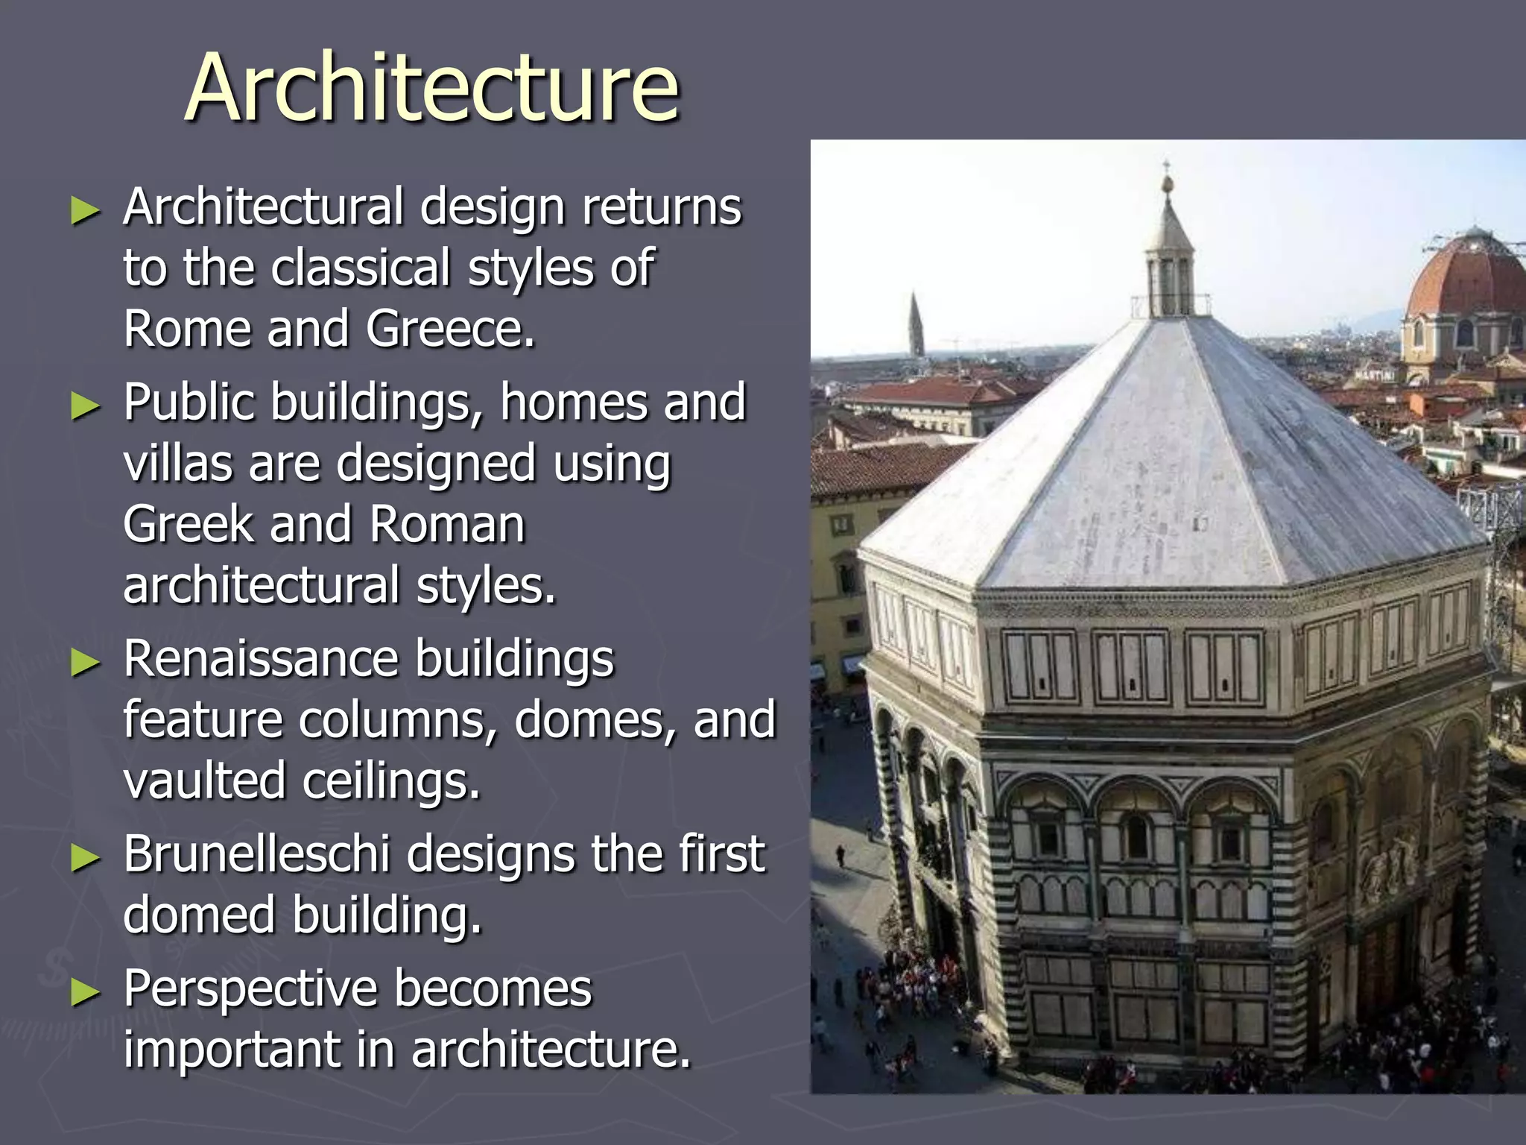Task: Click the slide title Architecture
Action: (431, 87)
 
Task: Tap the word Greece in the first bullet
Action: (449, 329)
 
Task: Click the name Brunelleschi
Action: (256, 854)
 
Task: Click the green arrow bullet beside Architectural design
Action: (85, 211)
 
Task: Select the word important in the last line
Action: (231, 1050)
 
